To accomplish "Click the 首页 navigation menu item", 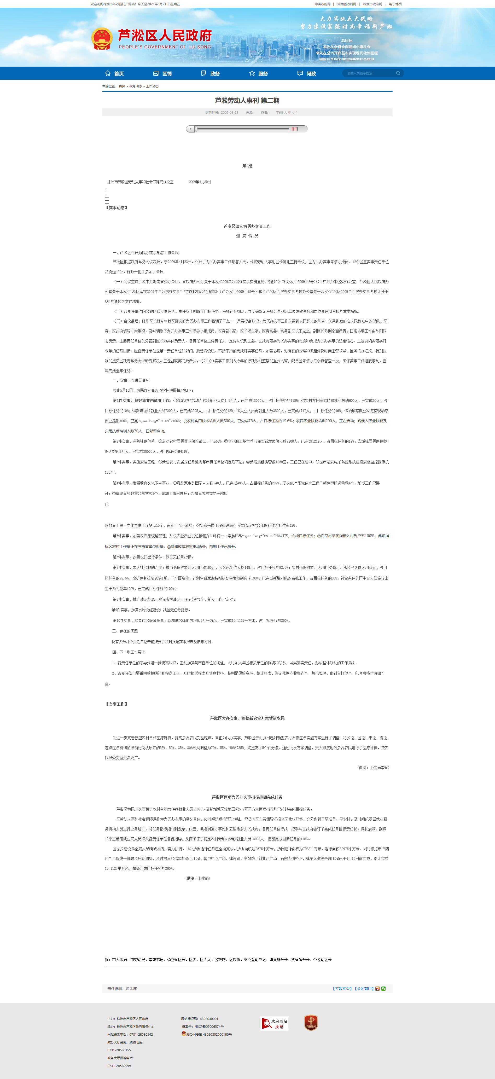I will point(114,73).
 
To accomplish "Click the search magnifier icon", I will point(398,73).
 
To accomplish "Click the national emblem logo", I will point(102,39).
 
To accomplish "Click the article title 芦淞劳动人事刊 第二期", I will point(247,101).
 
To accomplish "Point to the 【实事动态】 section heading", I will point(117,208).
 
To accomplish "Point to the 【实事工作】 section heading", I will point(117,704).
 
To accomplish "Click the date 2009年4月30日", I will point(200,182).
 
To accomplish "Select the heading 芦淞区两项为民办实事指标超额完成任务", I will point(247,797).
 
